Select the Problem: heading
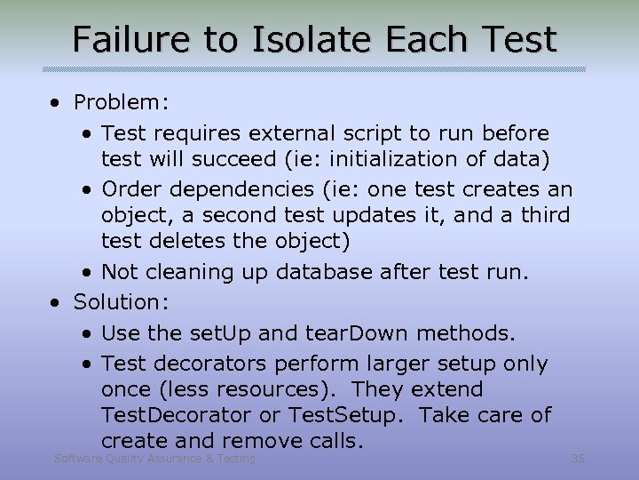point(121,102)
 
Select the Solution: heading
point(121,301)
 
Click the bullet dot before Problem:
point(56,102)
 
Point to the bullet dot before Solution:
point(56,301)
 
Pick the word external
point(307,133)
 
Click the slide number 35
point(578,459)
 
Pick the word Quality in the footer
point(117,459)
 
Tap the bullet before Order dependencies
point(89,189)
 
